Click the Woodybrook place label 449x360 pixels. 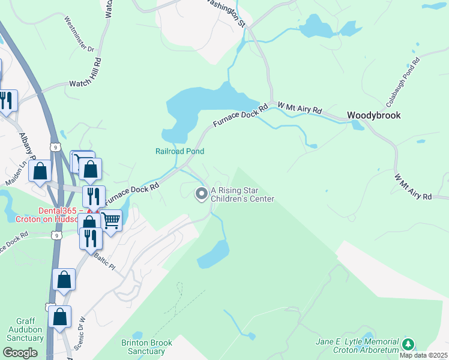point(373,115)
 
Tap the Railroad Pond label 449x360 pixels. point(180,152)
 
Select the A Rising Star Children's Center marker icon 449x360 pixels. point(201,193)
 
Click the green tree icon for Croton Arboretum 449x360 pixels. point(408,344)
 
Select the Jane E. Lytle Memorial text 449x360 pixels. point(357,341)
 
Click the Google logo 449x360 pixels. point(19,352)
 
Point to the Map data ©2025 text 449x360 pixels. point(423,355)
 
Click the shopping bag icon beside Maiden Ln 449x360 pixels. point(40,171)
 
